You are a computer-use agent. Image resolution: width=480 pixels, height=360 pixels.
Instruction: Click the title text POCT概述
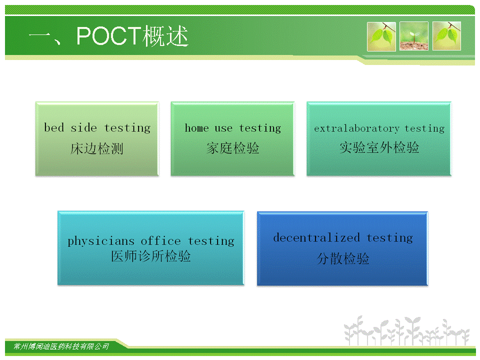(x=132, y=36)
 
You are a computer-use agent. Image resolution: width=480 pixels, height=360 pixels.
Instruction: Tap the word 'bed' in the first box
(x=54, y=127)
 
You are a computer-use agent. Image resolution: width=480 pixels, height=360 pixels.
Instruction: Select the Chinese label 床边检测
(x=96, y=149)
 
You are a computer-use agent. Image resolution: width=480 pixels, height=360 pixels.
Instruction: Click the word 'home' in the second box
(x=196, y=127)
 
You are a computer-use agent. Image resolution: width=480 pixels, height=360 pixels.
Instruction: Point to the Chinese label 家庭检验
(x=232, y=148)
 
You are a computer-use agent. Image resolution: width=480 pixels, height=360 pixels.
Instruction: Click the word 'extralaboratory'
(x=356, y=128)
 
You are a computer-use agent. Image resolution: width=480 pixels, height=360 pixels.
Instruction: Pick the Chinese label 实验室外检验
(x=379, y=147)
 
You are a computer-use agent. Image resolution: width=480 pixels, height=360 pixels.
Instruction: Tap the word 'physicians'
(x=101, y=241)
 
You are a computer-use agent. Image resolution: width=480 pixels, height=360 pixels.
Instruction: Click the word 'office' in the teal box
(x=160, y=240)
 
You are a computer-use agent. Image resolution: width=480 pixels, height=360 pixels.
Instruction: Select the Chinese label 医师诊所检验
(x=151, y=256)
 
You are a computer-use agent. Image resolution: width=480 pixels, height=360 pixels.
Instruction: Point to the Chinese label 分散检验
(x=343, y=258)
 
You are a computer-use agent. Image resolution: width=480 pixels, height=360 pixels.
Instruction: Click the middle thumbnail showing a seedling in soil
(x=414, y=36)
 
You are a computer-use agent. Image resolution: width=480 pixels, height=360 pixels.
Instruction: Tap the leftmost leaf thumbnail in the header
(x=381, y=36)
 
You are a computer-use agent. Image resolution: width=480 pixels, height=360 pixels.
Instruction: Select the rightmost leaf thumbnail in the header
(x=446, y=36)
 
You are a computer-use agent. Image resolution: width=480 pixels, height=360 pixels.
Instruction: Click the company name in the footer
(x=61, y=346)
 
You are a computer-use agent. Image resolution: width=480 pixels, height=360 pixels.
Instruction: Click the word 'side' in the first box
(x=83, y=127)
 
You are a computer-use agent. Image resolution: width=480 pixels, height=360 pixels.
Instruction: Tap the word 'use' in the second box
(x=223, y=128)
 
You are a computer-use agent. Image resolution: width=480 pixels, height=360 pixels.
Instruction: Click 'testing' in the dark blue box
(x=389, y=238)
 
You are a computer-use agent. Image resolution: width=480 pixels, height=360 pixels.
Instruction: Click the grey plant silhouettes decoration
(x=406, y=330)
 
